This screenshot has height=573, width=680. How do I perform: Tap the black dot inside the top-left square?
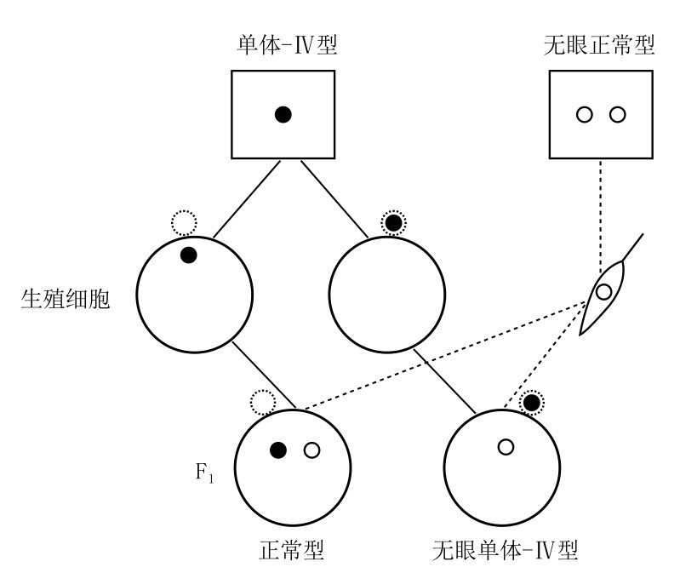point(284,114)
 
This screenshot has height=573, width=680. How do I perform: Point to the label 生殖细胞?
point(66,301)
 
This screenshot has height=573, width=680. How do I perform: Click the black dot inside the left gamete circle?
point(188,254)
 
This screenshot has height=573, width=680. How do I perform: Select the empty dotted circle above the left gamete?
point(184,223)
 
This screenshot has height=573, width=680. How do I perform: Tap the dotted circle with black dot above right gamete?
point(392,223)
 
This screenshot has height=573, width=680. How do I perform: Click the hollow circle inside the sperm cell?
point(603,293)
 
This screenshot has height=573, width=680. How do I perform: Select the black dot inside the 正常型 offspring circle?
point(277,450)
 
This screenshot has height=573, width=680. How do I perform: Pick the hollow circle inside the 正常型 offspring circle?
point(311,450)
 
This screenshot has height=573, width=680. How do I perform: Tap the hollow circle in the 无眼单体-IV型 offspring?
point(506,446)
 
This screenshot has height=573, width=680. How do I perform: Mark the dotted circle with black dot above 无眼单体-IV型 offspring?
point(532,402)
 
